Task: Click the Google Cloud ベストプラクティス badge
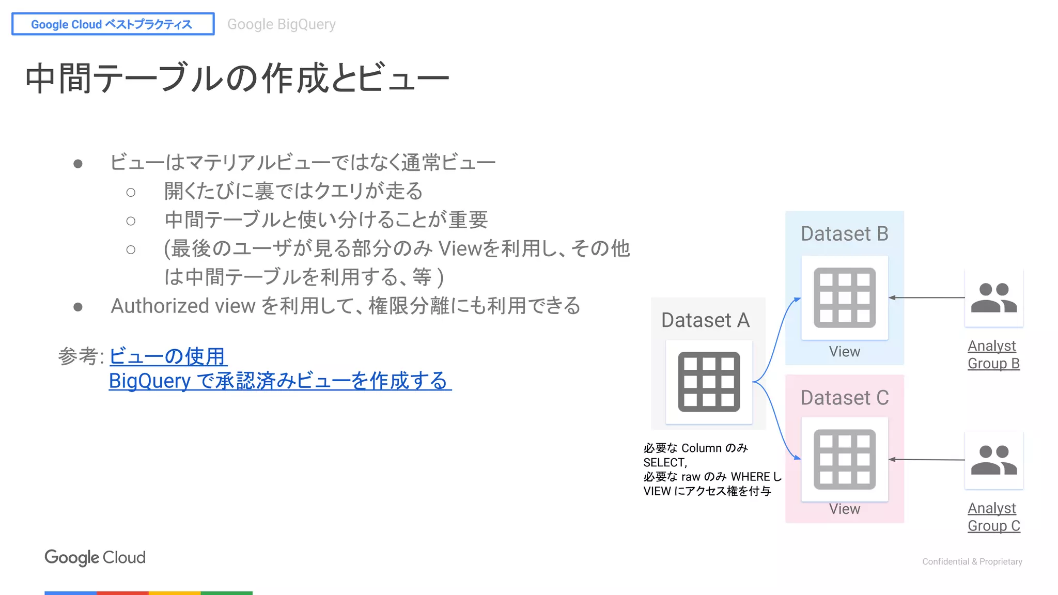113,24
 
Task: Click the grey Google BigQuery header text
282,24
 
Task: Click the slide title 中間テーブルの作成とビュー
237,79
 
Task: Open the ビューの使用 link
168,356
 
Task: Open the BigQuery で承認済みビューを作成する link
279,381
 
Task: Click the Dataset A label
705,320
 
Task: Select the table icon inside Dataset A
709,382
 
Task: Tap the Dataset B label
844,234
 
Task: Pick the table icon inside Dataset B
844,297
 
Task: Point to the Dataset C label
844,398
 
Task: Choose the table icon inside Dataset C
844,459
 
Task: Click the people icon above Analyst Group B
993,298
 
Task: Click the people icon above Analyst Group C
993,460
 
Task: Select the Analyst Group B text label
993,354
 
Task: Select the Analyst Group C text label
993,517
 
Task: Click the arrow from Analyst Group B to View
927,297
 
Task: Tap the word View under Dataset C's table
844,509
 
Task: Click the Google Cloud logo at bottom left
95,557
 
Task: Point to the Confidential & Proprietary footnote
972,561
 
